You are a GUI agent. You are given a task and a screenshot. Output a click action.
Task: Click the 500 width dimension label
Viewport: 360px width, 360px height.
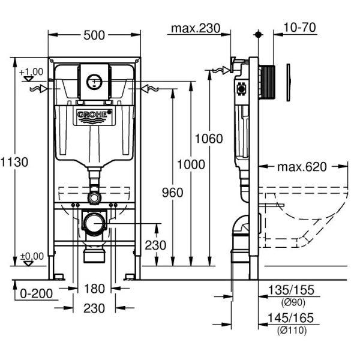[x=94, y=35]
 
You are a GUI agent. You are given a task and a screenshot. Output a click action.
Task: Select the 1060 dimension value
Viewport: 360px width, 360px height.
[x=209, y=139]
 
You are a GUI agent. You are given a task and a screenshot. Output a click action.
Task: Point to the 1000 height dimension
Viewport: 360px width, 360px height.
[x=191, y=164]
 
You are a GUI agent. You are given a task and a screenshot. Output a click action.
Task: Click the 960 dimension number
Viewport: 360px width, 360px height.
[x=172, y=192]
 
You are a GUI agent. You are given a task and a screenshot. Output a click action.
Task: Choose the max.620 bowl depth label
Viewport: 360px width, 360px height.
[x=302, y=166]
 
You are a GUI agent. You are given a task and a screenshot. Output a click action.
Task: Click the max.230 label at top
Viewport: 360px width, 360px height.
[x=196, y=28]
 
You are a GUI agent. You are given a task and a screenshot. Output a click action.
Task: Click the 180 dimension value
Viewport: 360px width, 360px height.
[x=94, y=289]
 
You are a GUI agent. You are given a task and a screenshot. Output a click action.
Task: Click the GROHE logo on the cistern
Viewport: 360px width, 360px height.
[x=94, y=114]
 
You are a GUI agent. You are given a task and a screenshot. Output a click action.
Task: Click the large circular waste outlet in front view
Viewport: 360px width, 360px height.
[x=94, y=224]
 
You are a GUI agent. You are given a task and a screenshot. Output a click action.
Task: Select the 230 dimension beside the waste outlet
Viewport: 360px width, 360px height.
[x=156, y=245]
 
